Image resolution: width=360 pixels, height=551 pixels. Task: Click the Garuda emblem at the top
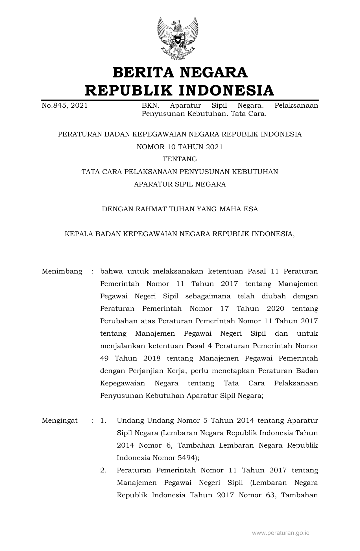178,38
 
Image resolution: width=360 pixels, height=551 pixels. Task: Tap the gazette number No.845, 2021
65,106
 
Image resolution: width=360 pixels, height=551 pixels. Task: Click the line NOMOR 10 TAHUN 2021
180,147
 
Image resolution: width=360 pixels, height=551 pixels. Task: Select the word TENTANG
180,159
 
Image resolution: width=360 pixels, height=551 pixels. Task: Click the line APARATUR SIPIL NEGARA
180,184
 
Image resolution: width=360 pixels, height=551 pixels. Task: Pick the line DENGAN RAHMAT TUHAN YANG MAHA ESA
180,209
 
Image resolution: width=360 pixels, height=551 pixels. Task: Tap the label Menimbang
62,272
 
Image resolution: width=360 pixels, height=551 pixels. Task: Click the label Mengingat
60,421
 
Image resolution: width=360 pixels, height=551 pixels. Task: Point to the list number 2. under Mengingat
103,470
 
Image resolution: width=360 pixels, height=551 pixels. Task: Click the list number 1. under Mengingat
103,421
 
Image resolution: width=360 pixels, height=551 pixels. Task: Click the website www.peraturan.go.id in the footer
281,533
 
